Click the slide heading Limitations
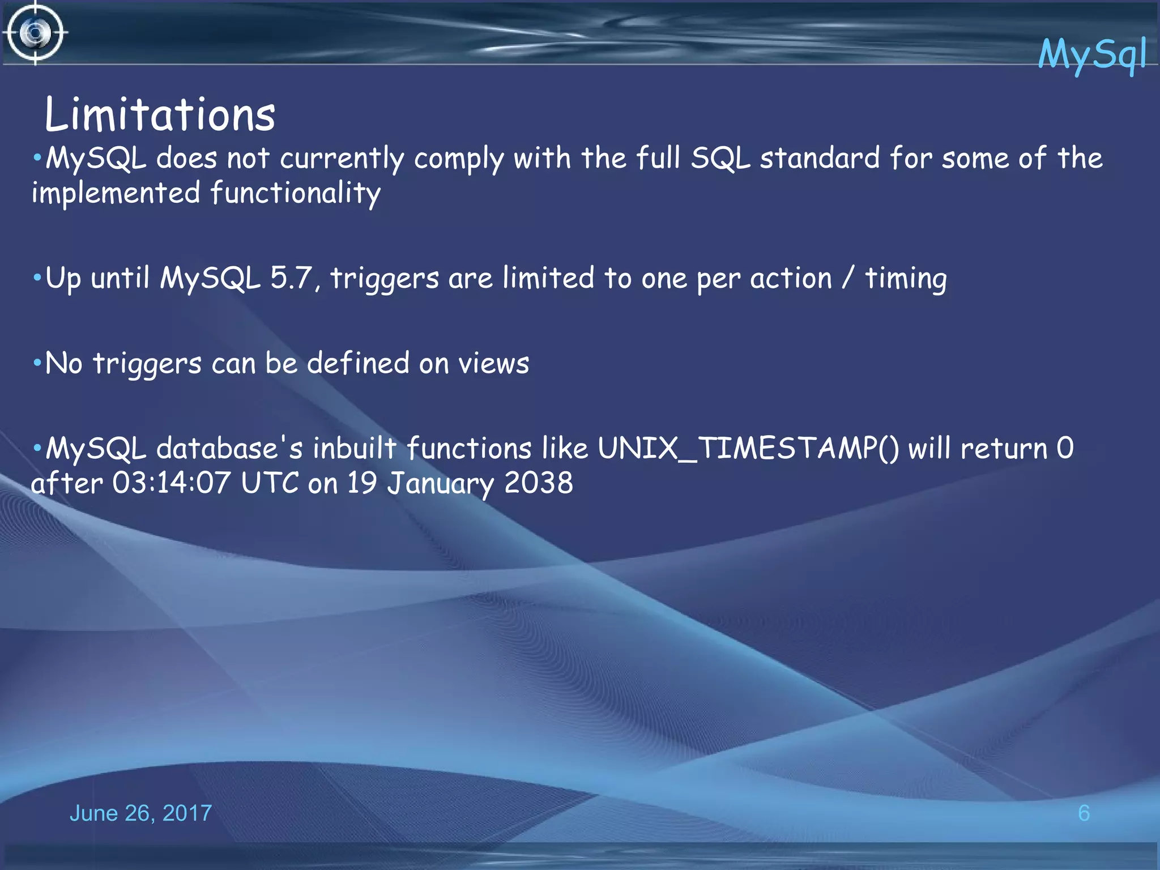[x=160, y=115]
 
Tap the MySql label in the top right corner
[x=1091, y=54]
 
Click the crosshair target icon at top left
[x=35, y=33]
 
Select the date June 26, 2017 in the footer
[x=140, y=813]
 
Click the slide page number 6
[x=1084, y=813]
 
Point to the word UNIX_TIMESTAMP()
[x=748, y=449]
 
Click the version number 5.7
[x=291, y=278]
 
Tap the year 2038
[x=538, y=483]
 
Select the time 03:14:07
[x=171, y=483]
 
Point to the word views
[x=493, y=364]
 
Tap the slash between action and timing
[x=847, y=278]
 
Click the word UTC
[x=270, y=483]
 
